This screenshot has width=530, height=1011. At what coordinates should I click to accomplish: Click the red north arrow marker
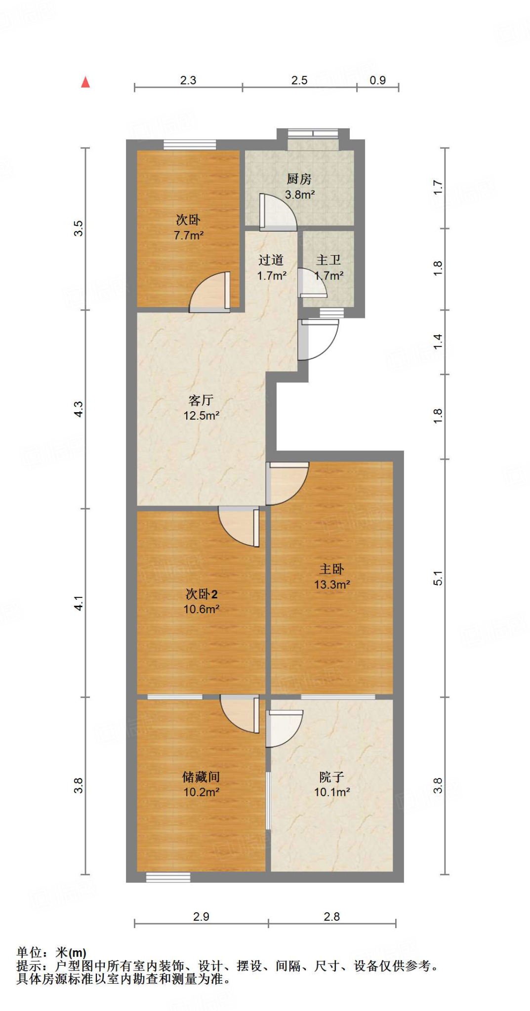click(x=85, y=82)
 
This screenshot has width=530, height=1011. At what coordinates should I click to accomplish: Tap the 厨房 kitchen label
click(x=299, y=179)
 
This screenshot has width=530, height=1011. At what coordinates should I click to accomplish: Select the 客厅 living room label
click(x=201, y=400)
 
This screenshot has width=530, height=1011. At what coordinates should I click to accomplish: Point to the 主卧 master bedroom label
click(x=331, y=569)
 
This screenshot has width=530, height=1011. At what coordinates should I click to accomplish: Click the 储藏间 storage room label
click(x=201, y=777)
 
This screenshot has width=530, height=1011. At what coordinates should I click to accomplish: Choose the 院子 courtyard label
click(x=331, y=777)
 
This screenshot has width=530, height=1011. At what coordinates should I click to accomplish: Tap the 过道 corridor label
click(x=271, y=260)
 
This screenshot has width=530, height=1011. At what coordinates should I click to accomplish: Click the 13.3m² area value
click(x=332, y=584)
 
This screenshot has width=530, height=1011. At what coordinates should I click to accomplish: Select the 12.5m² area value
click(x=201, y=416)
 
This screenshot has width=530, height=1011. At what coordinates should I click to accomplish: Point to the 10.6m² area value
click(x=201, y=609)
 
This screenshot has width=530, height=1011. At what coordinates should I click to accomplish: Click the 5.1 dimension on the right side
click(x=438, y=578)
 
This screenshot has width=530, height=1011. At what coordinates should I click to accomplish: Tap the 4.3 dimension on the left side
click(x=79, y=409)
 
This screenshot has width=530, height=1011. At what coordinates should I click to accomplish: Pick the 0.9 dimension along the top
click(x=378, y=80)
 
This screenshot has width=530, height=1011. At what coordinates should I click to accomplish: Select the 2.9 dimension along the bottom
click(x=201, y=917)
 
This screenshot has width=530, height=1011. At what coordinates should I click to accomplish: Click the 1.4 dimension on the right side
click(x=438, y=342)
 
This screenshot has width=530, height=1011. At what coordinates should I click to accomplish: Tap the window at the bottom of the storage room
click(x=168, y=877)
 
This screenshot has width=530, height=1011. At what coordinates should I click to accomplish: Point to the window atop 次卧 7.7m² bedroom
click(x=190, y=145)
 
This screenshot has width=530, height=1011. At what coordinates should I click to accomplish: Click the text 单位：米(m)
click(x=51, y=952)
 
